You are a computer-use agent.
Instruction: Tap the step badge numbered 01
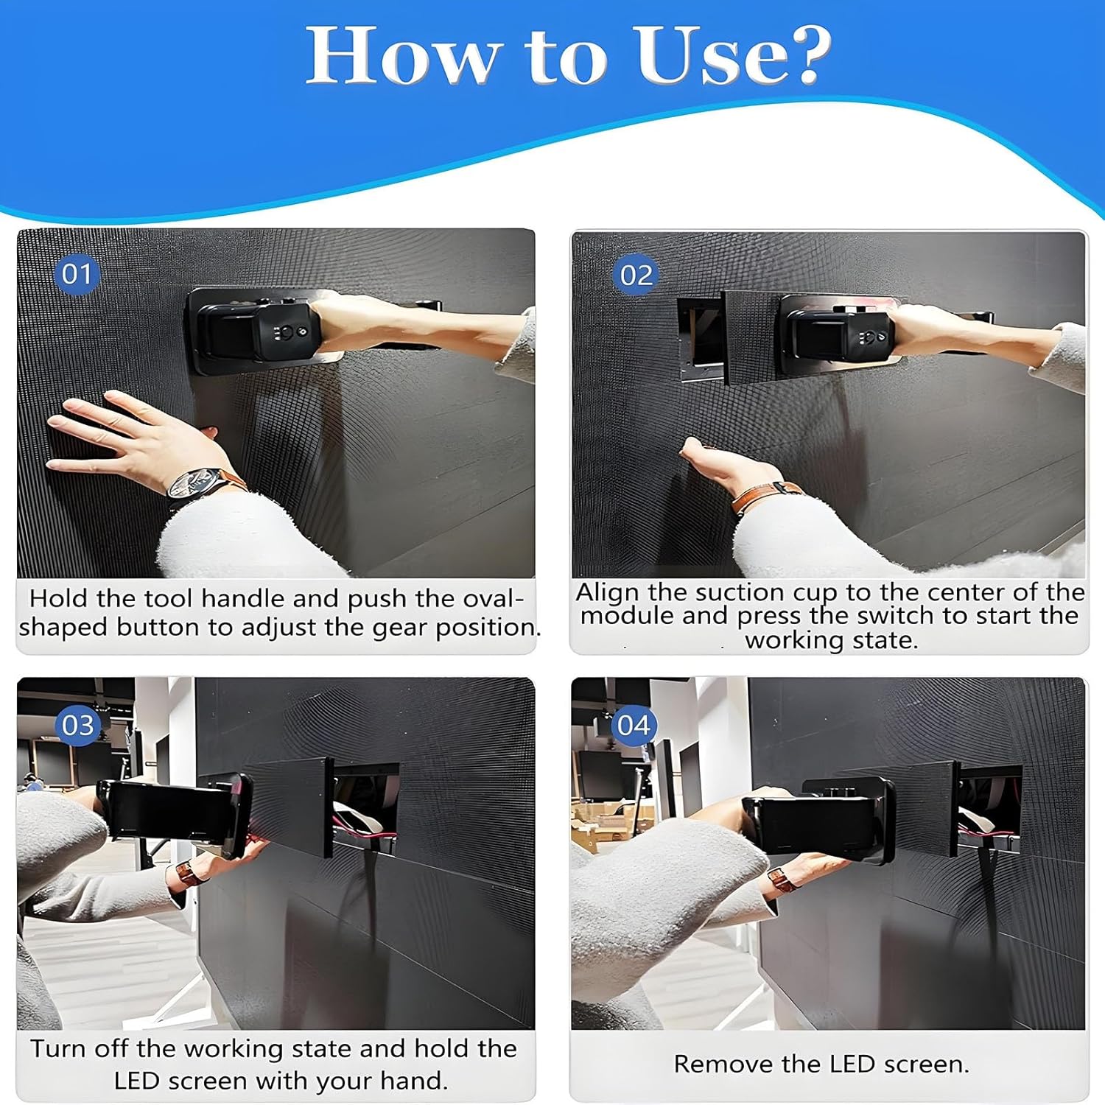click(x=77, y=274)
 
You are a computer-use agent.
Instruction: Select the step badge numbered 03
click(x=78, y=725)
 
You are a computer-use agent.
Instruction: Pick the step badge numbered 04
click(x=634, y=725)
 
